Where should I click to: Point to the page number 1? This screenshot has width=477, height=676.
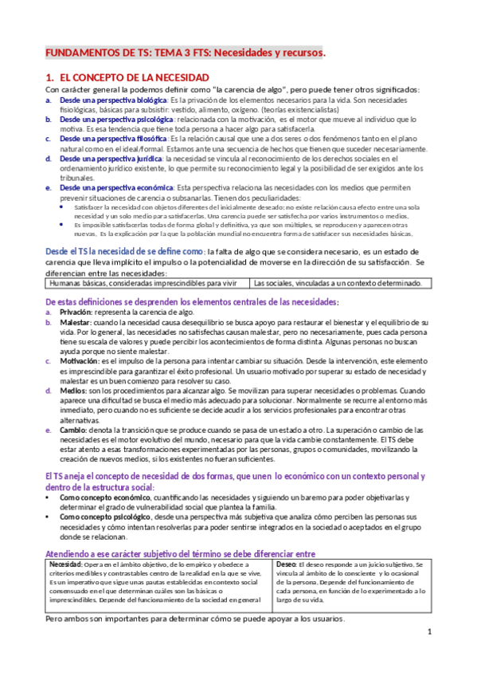pos(428,632)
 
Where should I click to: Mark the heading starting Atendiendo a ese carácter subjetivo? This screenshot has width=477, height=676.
pos(180,553)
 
